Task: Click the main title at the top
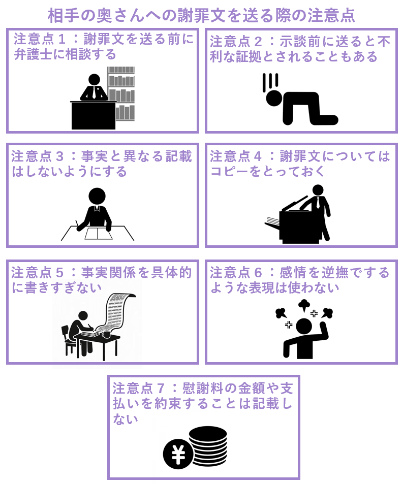201,15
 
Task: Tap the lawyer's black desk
94,115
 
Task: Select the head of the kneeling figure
274,98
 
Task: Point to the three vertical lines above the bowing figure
270,81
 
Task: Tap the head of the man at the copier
318,190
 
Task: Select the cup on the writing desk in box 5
106,334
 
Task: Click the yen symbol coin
178,454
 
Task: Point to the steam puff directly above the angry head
304,305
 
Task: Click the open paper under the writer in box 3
99,234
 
